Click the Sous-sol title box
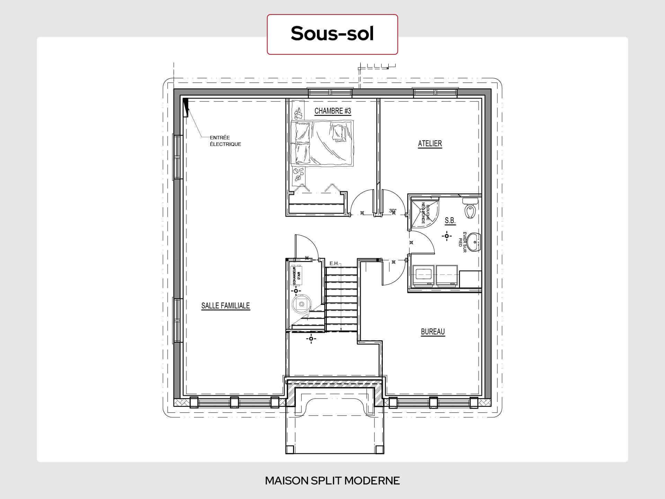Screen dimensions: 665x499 tap(332, 34)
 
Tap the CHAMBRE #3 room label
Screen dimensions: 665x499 tap(332, 111)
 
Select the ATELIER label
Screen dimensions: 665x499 tap(430, 143)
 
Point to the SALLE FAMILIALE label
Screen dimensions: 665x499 tap(225, 306)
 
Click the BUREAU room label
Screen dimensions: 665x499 tap(433, 332)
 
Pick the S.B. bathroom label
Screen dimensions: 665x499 tap(450, 220)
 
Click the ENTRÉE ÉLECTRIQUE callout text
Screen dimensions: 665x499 tap(225, 141)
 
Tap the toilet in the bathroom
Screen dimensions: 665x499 tap(470, 208)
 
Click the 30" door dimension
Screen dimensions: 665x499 tap(393, 211)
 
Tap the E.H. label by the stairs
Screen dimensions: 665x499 tap(334, 264)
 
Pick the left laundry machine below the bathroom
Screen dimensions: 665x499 tap(423, 276)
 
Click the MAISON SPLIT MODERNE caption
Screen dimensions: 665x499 tap(332, 481)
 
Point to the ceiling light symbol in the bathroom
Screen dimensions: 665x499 tap(447, 236)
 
